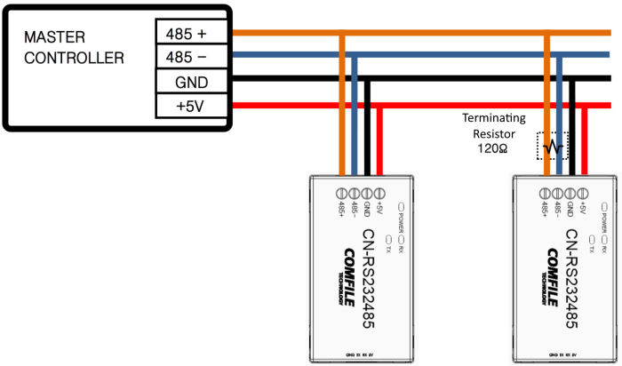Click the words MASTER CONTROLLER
(x=74, y=48)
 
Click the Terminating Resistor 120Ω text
(x=494, y=133)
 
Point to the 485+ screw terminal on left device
(x=341, y=192)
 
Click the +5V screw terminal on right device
(x=583, y=192)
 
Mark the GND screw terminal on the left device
(x=367, y=192)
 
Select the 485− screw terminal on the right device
(x=557, y=192)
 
